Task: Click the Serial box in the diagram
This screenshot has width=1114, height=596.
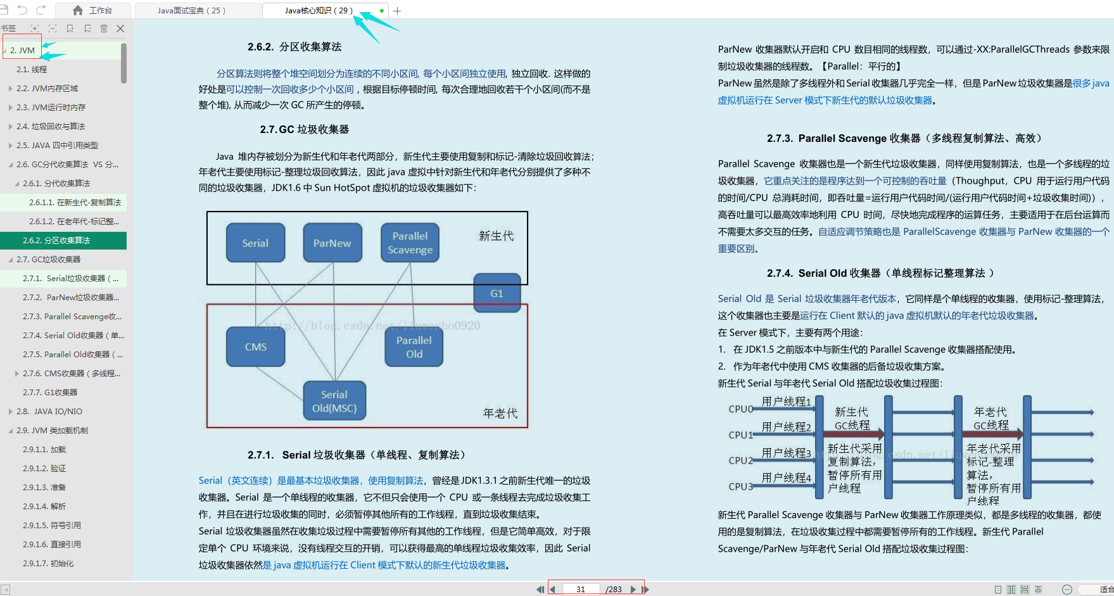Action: [x=255, y=243]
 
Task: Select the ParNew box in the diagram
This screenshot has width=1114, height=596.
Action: [x=332, y=243]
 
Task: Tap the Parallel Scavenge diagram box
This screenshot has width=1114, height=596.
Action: [x=410, y=243]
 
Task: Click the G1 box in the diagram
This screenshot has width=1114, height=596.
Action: [x=497, y=293]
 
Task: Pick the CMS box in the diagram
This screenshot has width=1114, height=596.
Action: [x=255, y=346]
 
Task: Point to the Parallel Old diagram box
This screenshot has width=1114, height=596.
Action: [x=414, y=347]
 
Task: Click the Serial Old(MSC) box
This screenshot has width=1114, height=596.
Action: [x=334, y=401]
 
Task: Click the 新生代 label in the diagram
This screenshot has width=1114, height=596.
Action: [x=496, y=236]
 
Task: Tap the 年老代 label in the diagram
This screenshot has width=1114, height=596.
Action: [x=500, y=413]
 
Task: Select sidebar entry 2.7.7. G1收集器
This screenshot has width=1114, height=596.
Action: [x=50, y=392]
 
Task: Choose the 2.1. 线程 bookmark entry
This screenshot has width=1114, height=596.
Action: [x=32, y=69]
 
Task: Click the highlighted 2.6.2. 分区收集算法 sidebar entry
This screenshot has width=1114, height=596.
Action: [x=56, y=240]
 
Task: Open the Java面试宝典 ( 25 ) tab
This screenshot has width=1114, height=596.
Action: [x=191, y=11]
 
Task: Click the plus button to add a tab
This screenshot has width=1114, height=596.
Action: [x=397, y=11]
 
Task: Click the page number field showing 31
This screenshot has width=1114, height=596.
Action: [x=581, y=589]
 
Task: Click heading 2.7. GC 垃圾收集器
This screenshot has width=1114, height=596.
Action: [x=304, y=129]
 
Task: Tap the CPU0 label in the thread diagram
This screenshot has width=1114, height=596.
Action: [x=740, y=409]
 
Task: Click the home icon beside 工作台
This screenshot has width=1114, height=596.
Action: [x=78, y=10]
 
